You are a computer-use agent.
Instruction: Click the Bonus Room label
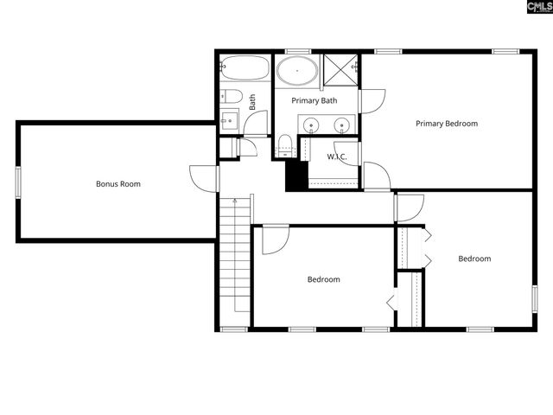pos(118,184)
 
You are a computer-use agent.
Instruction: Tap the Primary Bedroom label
pos(446,124)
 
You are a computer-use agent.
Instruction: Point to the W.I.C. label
pos(336,156)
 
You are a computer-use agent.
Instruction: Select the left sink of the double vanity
pos(312,126)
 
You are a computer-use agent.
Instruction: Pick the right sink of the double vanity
pos(342,126)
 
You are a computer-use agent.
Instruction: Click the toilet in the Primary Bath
pos(287,145)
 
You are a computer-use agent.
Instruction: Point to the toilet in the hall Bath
pos(229,95)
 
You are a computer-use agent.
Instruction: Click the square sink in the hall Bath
pos(229,119)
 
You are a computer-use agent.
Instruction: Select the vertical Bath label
pos(252,101)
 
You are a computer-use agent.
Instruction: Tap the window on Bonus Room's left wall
pos(17,182)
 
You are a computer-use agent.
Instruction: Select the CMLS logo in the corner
pos(530,8)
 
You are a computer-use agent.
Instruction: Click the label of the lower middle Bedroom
pos(323,279)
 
